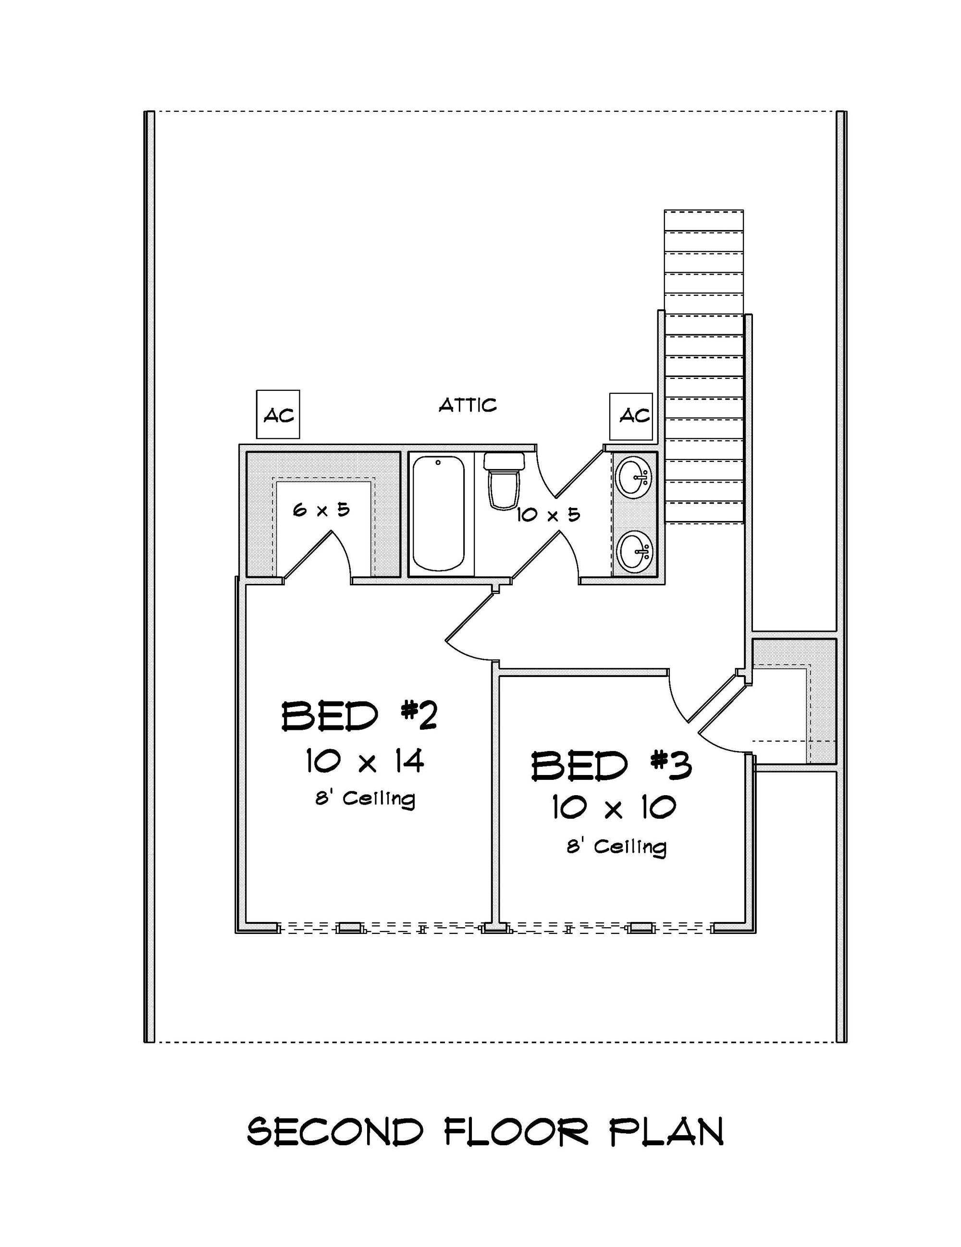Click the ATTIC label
(x=468, y=405)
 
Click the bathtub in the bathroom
(x=438, y=513)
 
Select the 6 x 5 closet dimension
(x=321, y=509)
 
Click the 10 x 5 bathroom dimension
(x=548, y=515)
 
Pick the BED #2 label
(x=359, y=716)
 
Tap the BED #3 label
(x=611, y=766)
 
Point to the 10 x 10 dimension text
(x=614, y=808)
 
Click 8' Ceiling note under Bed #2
(x=365, y=798)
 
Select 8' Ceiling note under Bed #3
(x=616, y=846)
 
